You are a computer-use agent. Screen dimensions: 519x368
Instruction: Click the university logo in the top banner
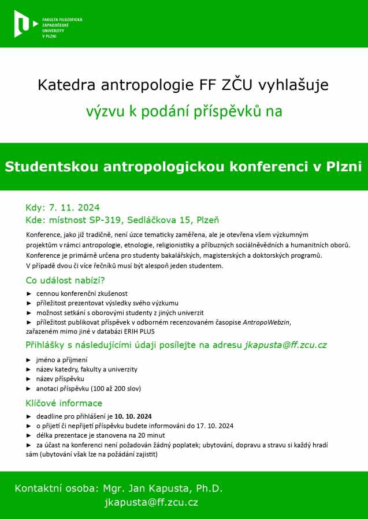coord(22,24)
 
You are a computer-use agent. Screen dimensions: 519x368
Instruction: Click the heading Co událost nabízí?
coord(65,281)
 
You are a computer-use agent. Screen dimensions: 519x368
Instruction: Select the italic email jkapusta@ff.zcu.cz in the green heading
coord(285,345)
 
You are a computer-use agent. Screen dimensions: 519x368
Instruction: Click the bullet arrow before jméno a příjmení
coord(29,360)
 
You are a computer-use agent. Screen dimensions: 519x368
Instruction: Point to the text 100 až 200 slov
coord(113,388)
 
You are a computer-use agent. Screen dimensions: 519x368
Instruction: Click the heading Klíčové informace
coord(64,403)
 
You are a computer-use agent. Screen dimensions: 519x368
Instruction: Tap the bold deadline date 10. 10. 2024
coord(133,416)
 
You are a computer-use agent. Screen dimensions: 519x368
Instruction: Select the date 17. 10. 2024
coord(214,426)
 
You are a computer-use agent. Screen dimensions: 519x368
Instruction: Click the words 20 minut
coord(151,435)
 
